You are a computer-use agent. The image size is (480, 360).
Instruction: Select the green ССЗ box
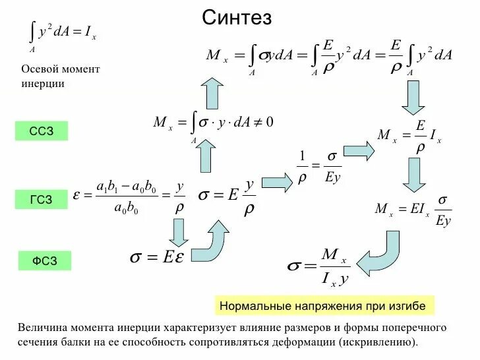pos(42,131)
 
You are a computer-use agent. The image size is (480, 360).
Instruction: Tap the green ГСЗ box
pos(42,199)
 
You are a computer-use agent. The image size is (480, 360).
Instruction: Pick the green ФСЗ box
pos(44,261)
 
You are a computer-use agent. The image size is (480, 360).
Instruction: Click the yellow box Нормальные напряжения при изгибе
pos(322,306)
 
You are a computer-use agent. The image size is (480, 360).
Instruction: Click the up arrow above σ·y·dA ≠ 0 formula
pos(212,92)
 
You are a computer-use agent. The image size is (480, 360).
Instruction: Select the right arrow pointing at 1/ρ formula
pos(277,181)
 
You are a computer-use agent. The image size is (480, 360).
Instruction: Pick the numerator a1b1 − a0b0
pos(126,187)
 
